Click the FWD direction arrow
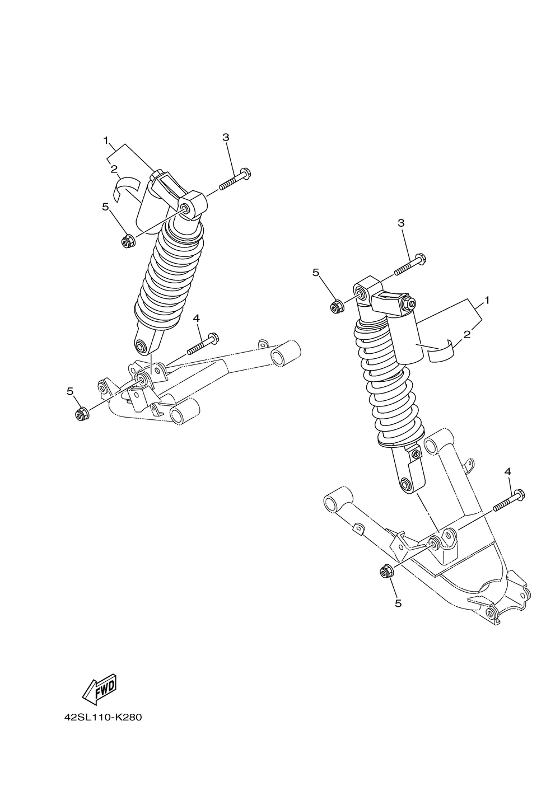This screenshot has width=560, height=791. [100, 688]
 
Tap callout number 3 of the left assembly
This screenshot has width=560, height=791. [226, 137]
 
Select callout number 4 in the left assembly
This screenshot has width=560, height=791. [196, 318]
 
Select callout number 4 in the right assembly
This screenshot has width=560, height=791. [507, 472]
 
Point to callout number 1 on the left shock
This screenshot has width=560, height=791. [105, 141]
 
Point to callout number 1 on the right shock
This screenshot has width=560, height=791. [487, 300]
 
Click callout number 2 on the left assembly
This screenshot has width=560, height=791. [114, 168]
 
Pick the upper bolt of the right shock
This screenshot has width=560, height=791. [410, 265]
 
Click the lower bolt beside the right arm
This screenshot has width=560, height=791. [509, 501]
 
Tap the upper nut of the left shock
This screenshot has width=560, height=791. [127, 242]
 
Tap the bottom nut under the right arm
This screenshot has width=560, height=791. [385, 572]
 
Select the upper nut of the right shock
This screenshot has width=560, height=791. [337, 306]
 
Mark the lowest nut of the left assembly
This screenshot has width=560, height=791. [80, 414]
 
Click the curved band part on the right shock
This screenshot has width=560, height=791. [441, 350]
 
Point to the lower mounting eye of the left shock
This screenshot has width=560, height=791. [143, 347]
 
